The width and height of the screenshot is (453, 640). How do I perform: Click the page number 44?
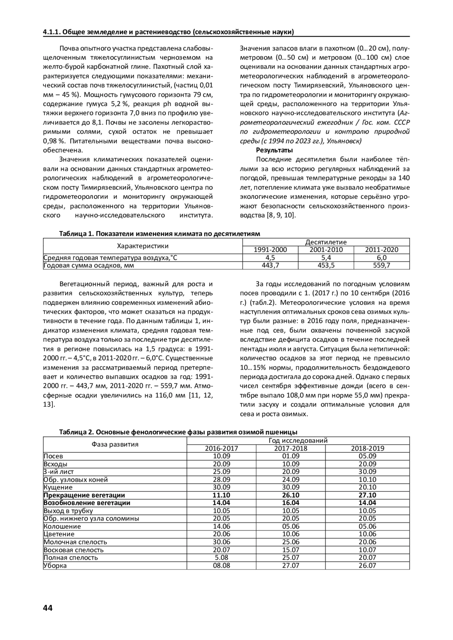click(x=48, y=608)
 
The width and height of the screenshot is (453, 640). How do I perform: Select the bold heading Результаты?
click(x=274, y=150)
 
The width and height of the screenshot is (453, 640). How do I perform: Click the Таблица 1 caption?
click(x=159, y=234)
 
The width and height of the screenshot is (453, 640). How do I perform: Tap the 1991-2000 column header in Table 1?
click(x=270, y=250)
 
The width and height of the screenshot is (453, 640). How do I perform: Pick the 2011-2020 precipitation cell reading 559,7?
click(x=381, y=266)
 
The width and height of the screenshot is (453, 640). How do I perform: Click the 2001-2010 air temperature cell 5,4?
click(x=326, y=258)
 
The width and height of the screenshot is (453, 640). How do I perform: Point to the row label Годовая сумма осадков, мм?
click(x=89, y=266)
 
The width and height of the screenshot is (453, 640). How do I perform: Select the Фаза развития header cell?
click(x=115, y=444)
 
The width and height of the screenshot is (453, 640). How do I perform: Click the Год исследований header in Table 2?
click(x=298, y=440)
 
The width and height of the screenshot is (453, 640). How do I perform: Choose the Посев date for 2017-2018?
click(x=291, y=456)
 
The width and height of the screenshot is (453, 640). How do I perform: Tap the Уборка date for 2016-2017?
click(x=222, y=565)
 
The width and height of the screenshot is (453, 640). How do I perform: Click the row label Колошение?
click(x=62, y=526)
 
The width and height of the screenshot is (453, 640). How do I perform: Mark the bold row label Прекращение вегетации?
click(x=84, y=495)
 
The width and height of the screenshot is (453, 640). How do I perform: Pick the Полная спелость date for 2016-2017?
click(x=222, y=557)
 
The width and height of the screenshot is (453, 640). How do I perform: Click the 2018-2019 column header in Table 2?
click(x=367, y=448)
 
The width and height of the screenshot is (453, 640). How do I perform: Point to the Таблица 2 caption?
click(x=178, y=432)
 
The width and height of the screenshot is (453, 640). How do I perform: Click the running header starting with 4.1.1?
click(x=168, y=32)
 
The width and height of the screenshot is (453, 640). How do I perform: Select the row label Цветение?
click(x=59, y=534)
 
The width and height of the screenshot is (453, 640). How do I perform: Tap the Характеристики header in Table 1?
click(x=143, y=246)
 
